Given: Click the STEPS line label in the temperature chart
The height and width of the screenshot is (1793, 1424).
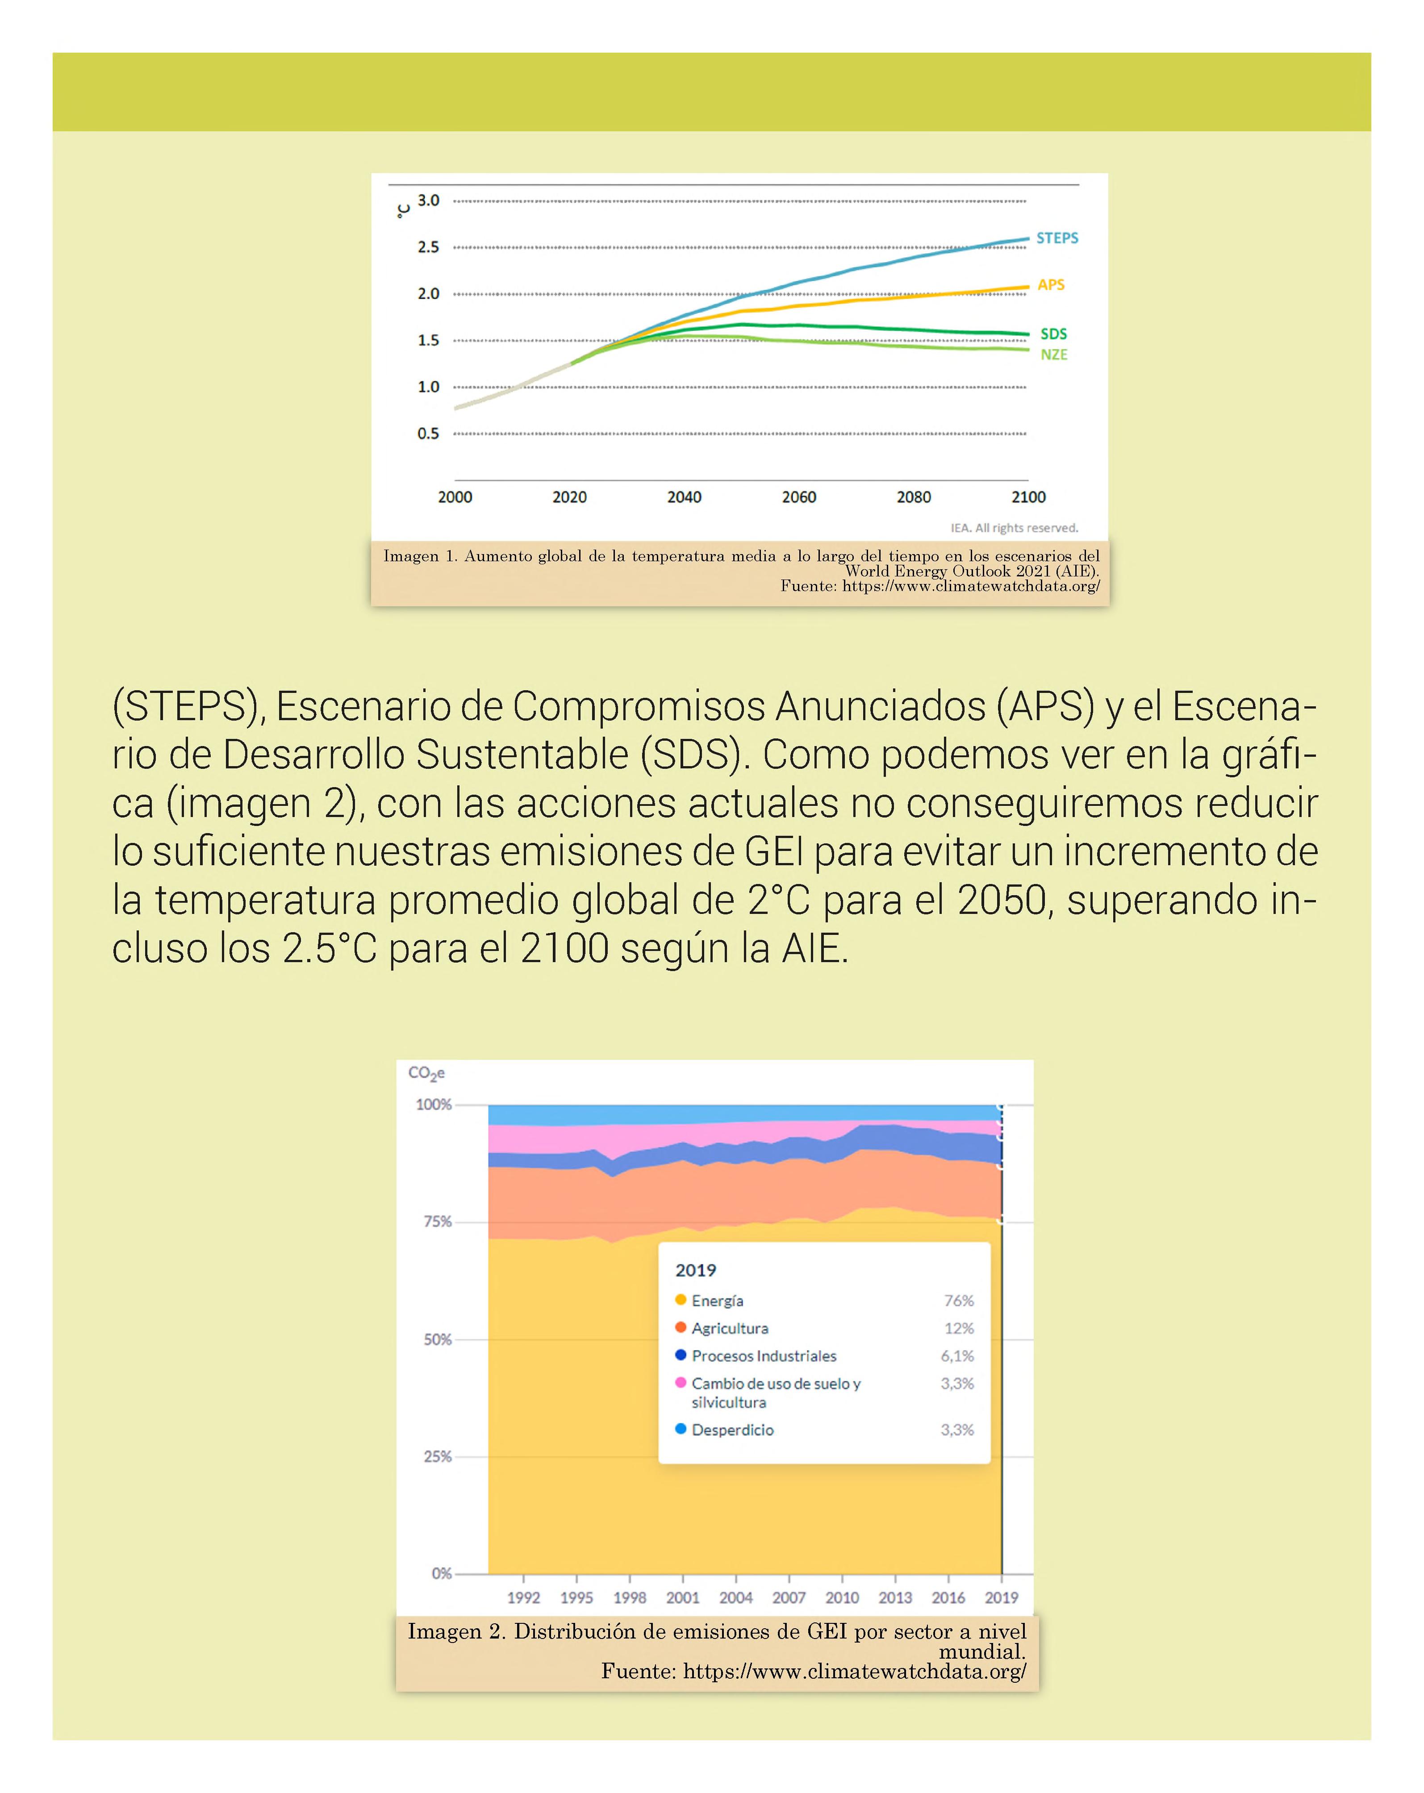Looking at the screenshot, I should click(1057, 238).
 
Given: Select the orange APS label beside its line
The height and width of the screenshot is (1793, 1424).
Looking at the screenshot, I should click(1051, 284).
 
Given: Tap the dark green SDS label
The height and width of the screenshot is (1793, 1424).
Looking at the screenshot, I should click(1053, 334).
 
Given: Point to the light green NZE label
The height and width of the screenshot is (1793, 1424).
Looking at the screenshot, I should click(1053, 354).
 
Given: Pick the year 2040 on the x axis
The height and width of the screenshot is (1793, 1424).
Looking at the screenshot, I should click(684, 497).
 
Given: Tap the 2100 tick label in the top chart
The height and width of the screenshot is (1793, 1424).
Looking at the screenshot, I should click(1028, 497).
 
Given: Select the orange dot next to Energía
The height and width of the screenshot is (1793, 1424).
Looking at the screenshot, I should click(681, 1300).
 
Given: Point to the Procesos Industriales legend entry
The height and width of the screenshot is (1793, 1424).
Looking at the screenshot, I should click(764, 1355).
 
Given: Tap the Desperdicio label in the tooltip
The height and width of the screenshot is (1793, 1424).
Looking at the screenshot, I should click(732, 1430).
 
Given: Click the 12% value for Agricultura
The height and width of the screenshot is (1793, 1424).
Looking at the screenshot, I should click(958, 1328).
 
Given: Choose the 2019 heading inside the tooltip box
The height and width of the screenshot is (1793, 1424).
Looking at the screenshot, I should click(695, 1270).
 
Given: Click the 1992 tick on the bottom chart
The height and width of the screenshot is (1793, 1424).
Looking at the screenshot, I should click(523, 1597).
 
